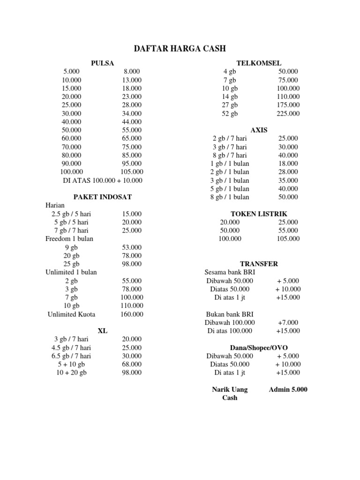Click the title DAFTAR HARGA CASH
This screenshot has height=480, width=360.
180,48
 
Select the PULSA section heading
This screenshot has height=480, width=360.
102,63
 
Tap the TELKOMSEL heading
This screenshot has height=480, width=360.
259,63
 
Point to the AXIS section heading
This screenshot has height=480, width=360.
259,130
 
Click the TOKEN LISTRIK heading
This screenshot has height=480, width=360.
259,214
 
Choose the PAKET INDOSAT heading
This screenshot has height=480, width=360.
103,197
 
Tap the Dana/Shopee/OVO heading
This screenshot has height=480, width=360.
259,347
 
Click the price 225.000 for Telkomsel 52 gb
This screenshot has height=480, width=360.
288,113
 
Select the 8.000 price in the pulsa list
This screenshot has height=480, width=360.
132,72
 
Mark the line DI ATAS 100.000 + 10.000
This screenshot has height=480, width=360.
103,180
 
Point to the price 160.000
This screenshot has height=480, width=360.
132,314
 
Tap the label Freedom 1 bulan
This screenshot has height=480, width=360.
69,239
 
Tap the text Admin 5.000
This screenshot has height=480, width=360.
288,390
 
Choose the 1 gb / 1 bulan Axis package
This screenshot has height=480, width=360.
230,164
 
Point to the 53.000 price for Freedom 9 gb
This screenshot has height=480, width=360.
132,247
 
